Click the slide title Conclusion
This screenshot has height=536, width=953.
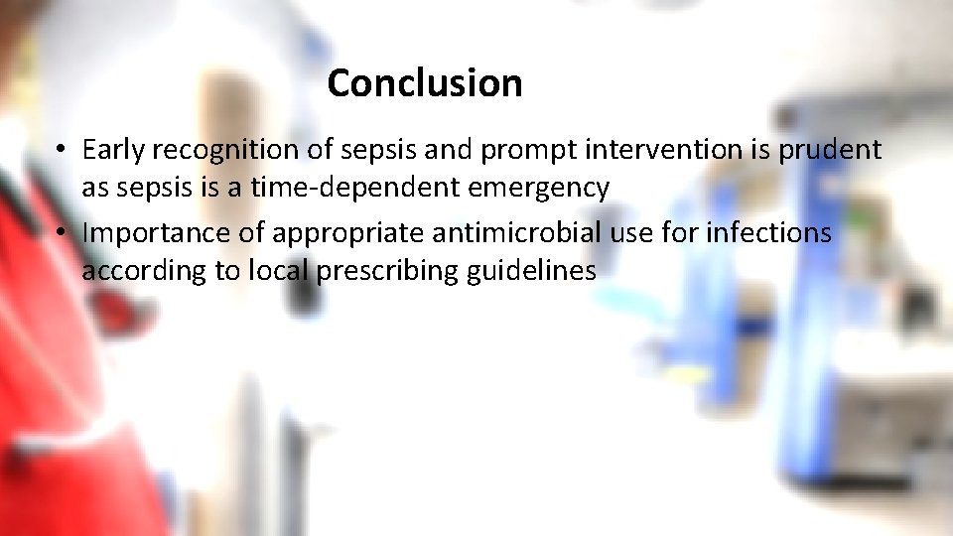click(x=424, y=83)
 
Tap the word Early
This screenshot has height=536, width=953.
click(x=113, y=150)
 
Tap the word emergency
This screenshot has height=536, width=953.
click(x=547, y=186)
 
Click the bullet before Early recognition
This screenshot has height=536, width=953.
click(x=61, y=151)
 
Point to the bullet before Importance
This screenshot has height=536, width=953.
click(x=61, y=234)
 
